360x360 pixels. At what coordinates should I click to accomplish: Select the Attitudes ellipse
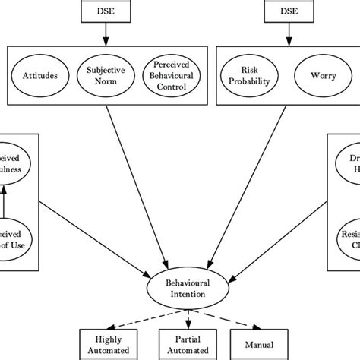coord(40,75)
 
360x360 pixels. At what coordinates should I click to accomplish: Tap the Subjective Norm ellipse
coord(104,75)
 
